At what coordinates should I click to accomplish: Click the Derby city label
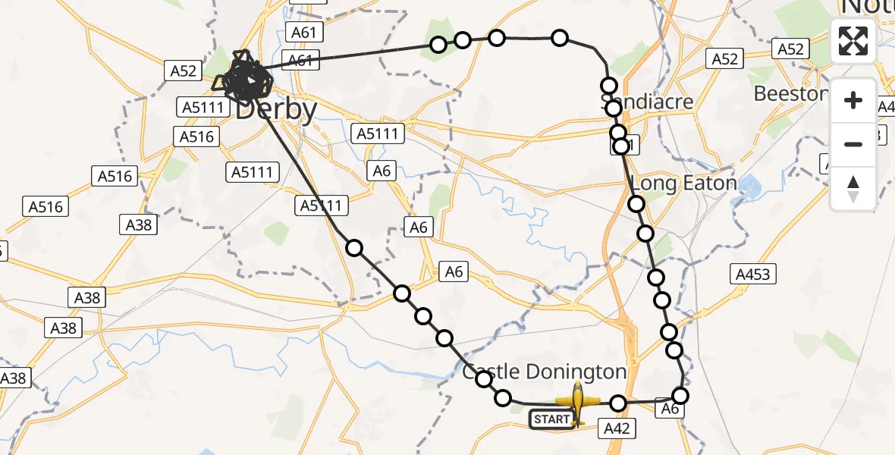coord(277,111)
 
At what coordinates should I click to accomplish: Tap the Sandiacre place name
coord(646,102)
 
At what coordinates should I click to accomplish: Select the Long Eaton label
coord(683,184)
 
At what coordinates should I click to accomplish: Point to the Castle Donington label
coord(545,372)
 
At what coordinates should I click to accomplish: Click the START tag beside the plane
coord(551,419)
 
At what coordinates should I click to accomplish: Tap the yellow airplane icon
coord(578,403)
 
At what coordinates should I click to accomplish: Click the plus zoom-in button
coord(853,100)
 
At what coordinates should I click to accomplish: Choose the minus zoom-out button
coord(853,144)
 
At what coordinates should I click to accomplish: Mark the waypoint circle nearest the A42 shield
coord(618,403)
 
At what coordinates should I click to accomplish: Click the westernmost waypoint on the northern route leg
coord(438,45)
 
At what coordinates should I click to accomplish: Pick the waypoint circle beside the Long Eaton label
coord(636,203)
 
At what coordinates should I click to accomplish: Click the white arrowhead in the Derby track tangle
coord(250,79)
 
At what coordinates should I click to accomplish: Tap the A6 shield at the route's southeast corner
coord(669,409)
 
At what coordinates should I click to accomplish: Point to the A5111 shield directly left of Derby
coord(203,108)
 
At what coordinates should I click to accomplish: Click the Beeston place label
coord(789,94)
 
